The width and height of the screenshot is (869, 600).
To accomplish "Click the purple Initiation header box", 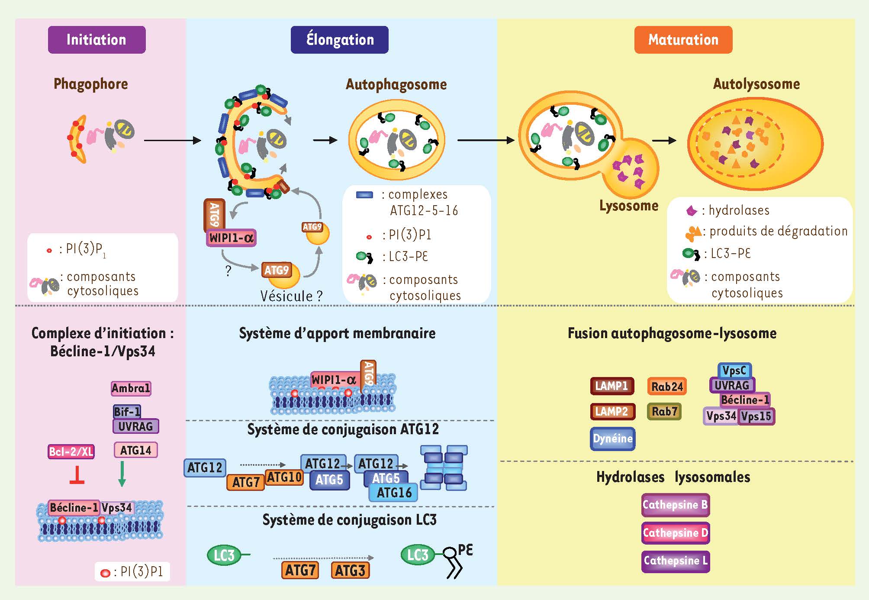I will [x=97, y=40].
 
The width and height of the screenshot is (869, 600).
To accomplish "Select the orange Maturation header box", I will [x=683, y=40].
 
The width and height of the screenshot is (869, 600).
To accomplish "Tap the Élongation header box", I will [x=339, y=40].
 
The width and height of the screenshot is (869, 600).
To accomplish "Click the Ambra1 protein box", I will [x=131, y=388].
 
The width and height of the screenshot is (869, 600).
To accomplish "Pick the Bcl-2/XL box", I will [x=71, y=452].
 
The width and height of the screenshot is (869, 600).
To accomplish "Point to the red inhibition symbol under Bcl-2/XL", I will [x=77, y=475].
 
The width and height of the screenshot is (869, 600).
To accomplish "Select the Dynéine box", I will [x=612, y=439].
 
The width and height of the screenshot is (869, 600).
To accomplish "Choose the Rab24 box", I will [x=667, y=387].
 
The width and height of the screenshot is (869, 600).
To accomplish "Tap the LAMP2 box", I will [x=612, y=411].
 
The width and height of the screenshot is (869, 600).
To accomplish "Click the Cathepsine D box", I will [x=675, y=532].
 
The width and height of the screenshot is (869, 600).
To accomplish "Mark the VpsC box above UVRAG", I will [x=734, y=371].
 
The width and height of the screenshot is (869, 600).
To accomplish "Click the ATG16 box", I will [x=393, y=493].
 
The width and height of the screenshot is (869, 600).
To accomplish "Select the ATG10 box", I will [x=284, y=477].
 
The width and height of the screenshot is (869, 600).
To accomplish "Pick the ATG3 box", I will [x=350, y=570].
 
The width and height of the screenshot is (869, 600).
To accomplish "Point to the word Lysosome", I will [x=628, y=206].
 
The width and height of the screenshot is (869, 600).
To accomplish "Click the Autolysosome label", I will [x=756, y=84].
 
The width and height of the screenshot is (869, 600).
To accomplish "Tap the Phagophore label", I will [x=90, y=84].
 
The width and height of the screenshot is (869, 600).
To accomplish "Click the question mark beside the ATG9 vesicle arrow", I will [x=228, y=271].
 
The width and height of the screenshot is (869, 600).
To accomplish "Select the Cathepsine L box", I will [x=675, y=561].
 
